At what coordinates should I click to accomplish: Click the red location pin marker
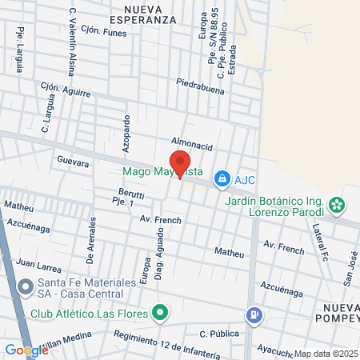tap(179, 162)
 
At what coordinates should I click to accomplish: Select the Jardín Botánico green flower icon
tap(338, 205)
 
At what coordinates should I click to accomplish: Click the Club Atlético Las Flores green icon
tap(161, 312)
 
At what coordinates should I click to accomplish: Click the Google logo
tap(26, 350)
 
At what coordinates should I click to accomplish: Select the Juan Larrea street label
tap(38, 262)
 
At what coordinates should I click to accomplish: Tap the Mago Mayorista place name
tap(162, 172)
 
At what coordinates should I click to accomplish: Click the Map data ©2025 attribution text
tap(325, 354)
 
